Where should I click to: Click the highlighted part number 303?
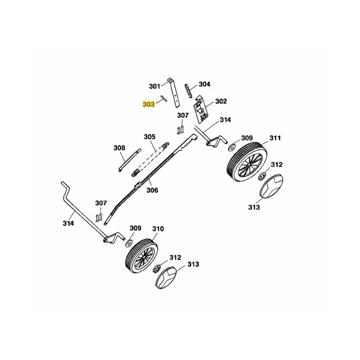click(x=148, y=104)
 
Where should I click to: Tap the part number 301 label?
click(x=154, y=86)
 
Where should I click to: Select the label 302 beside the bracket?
click(x=221, y=101)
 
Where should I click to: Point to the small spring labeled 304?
click(x=188, y=91)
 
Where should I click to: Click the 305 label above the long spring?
click(x=150, y=137)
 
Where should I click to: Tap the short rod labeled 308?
click(x=130, y=160)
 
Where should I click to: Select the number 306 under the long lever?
click(x=153, y=190)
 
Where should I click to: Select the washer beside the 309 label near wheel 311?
click(x=231, y=147)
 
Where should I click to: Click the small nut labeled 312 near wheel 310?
click(x=157, y=269)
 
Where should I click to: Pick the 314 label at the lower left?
click(x=68, y=223)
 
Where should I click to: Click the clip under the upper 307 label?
click(x=181, y=130)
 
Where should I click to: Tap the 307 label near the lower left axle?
click(x=101, y=203)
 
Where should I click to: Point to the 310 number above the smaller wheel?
click(x=158, y=229)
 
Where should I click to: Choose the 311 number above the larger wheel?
click(x=275, y=138)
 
